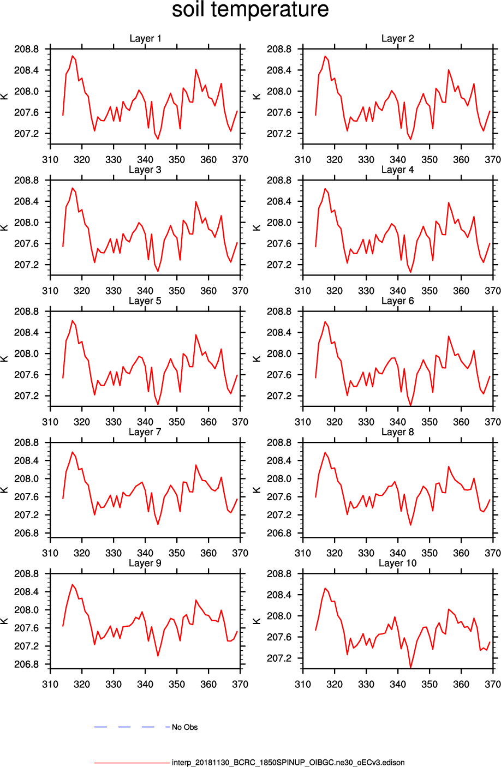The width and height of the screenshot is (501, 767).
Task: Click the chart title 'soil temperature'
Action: click(250, 10)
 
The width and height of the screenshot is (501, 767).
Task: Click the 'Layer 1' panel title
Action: click(145, 39)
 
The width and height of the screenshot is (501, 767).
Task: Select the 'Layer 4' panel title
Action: click(397, 170)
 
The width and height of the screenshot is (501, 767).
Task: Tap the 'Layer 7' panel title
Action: click(145, 432)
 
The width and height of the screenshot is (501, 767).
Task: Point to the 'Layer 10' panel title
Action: click(397, 563)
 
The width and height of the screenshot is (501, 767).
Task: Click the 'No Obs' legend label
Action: click(184, 727)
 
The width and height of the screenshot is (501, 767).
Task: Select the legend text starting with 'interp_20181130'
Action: click(288, 763)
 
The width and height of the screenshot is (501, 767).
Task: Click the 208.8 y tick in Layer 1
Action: click(26, 49)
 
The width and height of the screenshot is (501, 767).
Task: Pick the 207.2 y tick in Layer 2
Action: click(279, 134)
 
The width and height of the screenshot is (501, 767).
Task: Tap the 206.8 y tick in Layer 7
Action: click(26, 533)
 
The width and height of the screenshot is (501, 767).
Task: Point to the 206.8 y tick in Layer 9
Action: click(26, 664)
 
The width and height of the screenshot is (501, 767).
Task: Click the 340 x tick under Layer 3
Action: click(145, 291)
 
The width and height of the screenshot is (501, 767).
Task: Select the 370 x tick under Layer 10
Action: click(493, 684)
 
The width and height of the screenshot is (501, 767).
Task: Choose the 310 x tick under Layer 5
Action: click(50, 422)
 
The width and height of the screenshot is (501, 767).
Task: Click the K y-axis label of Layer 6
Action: click(257, 358)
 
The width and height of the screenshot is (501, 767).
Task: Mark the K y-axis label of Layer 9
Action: click(4, 621)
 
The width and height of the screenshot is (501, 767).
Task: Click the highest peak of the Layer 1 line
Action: click(72, 56)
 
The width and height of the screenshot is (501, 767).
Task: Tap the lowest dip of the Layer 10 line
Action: click(410, 667)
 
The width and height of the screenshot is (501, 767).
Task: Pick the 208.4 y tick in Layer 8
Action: click(279, 461)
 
